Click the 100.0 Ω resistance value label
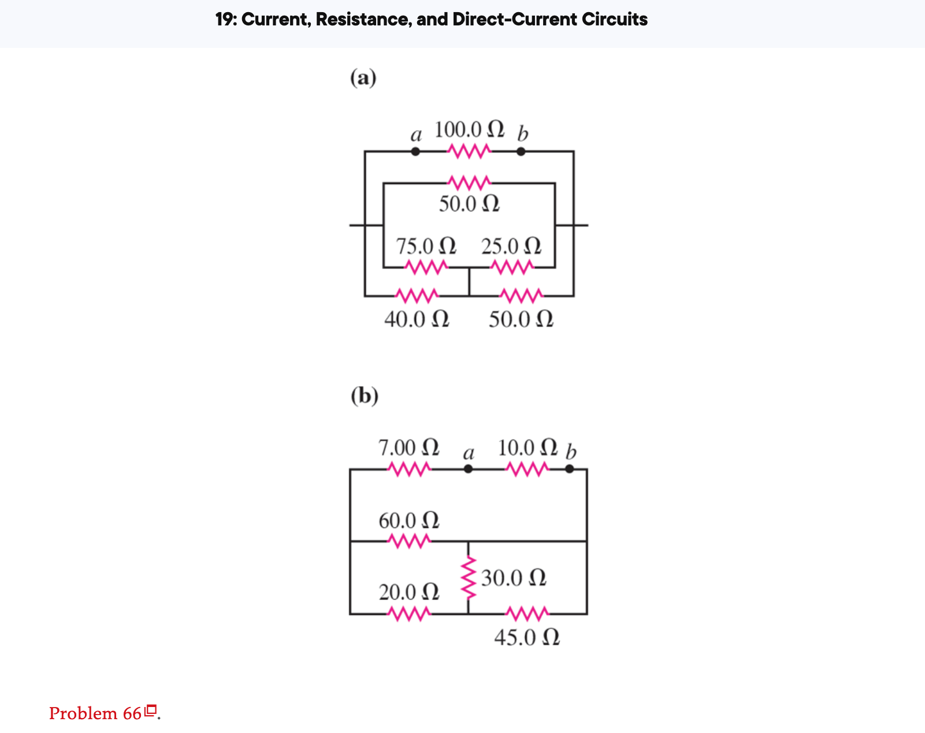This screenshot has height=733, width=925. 469,129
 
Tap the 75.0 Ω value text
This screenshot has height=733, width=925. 426,246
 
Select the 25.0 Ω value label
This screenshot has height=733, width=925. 511,246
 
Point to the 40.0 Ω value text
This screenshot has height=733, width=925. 417,319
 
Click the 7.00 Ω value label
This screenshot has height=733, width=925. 408,448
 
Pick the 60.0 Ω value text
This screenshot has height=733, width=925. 408,520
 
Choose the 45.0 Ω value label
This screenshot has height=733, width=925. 526,638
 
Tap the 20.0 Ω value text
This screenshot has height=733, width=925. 408,592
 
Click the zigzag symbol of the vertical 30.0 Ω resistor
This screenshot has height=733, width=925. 469,578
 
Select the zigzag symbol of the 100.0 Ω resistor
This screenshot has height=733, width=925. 469,152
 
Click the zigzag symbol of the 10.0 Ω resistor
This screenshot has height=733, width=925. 526,469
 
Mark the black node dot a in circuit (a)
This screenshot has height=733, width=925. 415,152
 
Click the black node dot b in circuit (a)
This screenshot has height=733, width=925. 521,152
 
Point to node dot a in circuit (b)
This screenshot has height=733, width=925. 468,469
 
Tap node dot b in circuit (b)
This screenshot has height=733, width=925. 570,469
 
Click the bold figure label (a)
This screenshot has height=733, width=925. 363,77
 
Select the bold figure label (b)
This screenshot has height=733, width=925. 365,396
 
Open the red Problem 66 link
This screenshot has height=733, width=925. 95,713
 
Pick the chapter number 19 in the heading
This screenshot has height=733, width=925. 224,20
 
